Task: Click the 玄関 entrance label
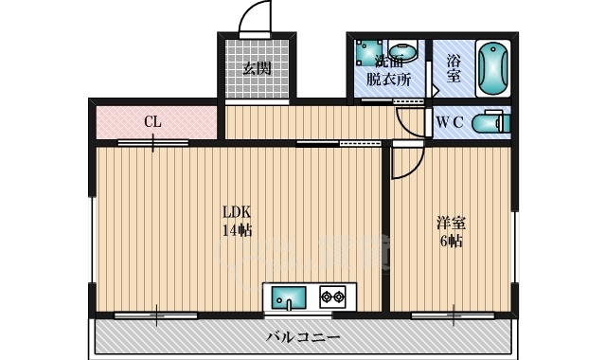[x=256, y=68]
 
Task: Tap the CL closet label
[x=151, y=121]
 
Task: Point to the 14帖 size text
[x=236, y=230]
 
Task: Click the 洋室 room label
[x=451, y=224]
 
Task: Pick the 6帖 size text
[x=451, y=241]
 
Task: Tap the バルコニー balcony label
[x=304, y=336]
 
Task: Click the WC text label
[x=449, y=121]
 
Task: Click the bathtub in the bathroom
[x=491, y=68]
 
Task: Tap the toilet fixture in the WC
[x=491, y=121]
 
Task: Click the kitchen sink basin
[x=286, y=298]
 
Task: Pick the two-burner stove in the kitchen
[x=332, y=297]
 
